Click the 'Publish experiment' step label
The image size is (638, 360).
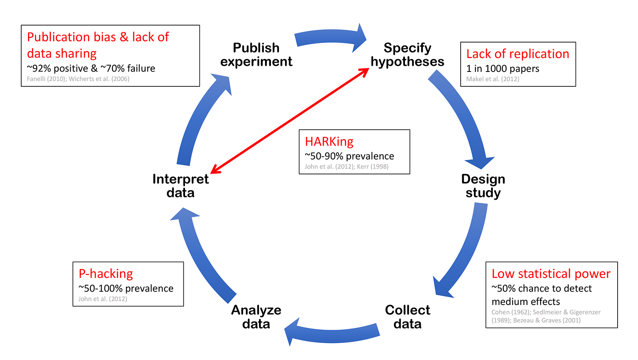(256, 54)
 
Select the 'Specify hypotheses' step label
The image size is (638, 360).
(407, 54)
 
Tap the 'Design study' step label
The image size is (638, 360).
(483, 186)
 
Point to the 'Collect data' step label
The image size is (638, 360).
(407, 317)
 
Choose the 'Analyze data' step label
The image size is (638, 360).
(256, 317)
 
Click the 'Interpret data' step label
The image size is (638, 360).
(180, 186)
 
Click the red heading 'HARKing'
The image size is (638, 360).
(329, 141)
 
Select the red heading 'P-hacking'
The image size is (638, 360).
(106, 274)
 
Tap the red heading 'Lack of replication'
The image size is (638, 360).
(518, 54)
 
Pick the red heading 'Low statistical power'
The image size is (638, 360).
(551, 274)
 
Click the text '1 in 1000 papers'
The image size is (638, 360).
(503, 69)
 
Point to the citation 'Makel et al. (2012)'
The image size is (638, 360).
(493, 79)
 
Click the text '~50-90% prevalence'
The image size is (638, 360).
(349, 156)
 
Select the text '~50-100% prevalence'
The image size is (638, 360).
(126, 289)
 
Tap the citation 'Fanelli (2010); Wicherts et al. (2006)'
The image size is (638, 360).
(78, 79)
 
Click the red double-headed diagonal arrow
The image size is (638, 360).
(290, 121)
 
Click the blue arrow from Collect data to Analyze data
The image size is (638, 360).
(332, 332)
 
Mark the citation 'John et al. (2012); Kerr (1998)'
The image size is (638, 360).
(347, 166)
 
